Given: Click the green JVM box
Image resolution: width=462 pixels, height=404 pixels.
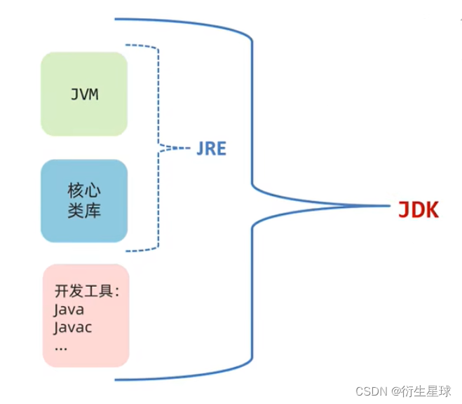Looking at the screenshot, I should point(84,94).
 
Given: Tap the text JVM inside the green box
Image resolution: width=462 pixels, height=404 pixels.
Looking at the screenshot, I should point(84,95).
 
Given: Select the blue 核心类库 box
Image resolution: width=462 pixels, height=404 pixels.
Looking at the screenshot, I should point(84,201).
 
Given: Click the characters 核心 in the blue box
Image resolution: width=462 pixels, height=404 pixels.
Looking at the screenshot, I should point(84,190).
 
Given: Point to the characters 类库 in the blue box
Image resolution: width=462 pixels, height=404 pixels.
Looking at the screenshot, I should point(84,210).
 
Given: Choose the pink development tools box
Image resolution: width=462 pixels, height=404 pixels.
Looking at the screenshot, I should point(86,315).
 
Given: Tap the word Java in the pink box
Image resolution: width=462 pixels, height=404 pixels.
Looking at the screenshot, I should point(69,309).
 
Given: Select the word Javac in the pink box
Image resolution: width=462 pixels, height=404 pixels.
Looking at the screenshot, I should point(73,327).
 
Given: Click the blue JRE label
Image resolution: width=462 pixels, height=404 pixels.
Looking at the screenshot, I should point(211,148).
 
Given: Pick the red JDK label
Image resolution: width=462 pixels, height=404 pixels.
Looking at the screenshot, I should point(418,209).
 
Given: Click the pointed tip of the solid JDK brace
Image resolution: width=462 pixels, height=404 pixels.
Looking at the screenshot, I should point(387,207).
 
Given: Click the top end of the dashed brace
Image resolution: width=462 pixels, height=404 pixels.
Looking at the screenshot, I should point(128,46).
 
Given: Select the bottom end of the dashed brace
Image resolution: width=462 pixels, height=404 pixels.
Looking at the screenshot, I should point(128,250).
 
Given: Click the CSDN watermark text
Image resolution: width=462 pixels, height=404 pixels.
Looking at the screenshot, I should point(372,391).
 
